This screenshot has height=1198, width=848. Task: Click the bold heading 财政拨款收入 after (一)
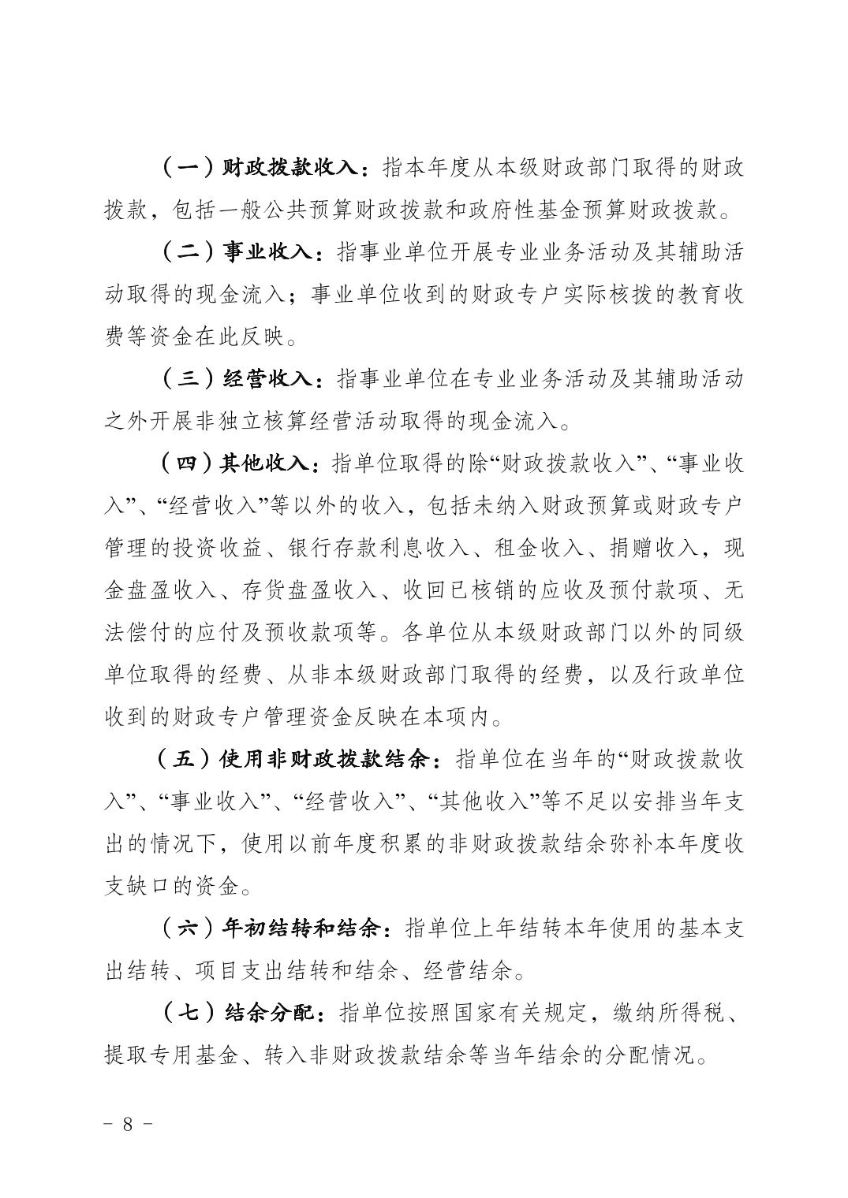292,168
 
